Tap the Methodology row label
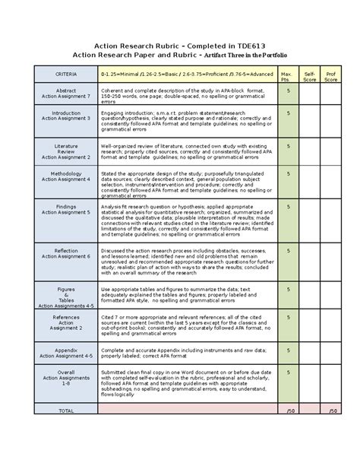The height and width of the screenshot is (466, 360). point(66,176)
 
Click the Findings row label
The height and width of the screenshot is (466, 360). point(66,208)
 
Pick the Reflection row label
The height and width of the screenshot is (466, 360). point(66,253)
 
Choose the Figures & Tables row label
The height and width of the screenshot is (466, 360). point(66,295)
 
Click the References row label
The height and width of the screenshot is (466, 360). point(66,322)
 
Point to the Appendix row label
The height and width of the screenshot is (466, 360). point(66,350)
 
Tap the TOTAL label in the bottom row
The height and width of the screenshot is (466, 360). point(66,410)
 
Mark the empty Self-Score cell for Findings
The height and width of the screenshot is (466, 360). point(310,221)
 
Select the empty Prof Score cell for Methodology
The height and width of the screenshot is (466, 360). point(332,182)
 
